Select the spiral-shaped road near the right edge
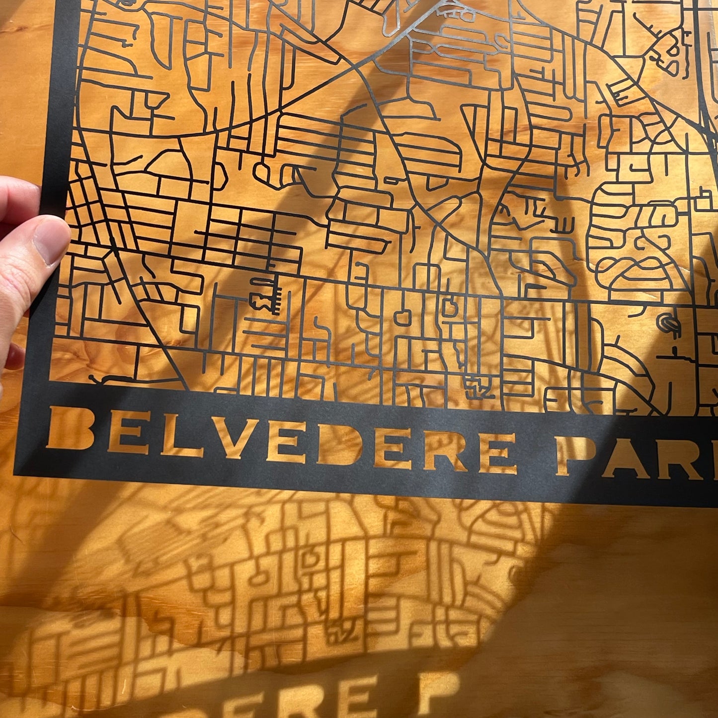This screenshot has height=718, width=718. (x=666, y=323)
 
